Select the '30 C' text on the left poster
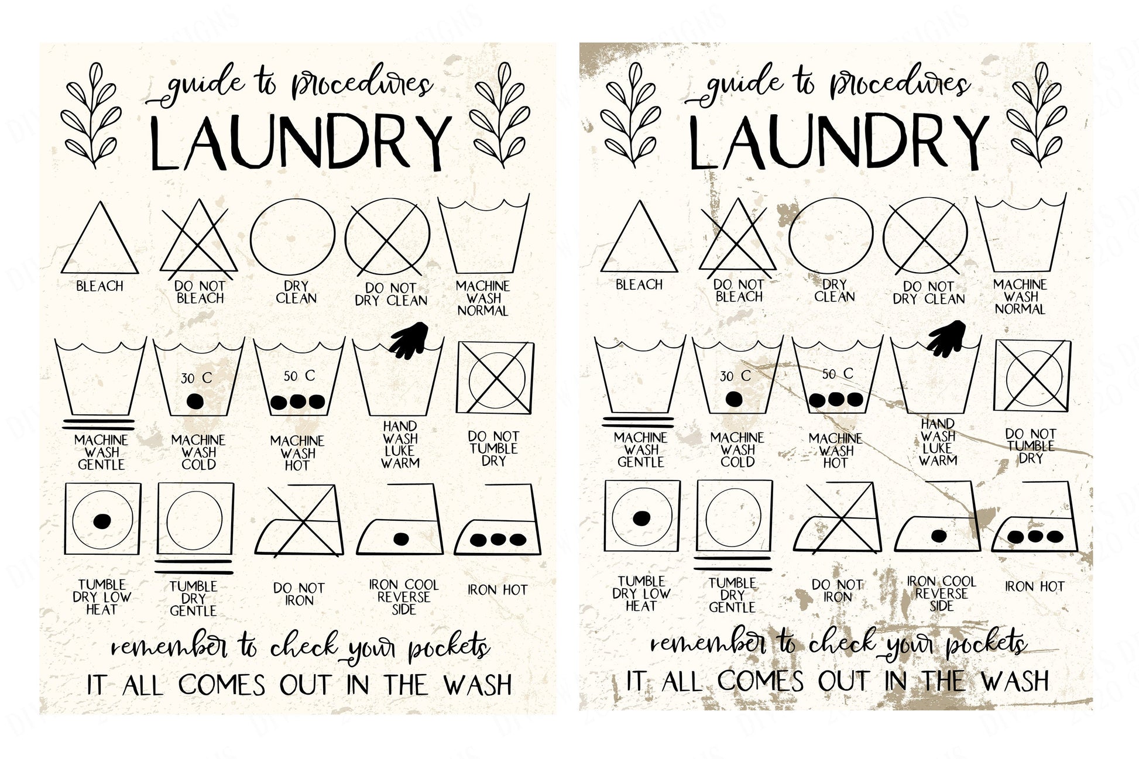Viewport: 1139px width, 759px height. coord(196,379)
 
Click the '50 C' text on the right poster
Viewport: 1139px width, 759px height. coord(838,374)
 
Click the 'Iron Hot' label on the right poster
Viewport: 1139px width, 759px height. coord(1034,586)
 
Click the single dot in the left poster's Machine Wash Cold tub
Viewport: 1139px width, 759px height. coord(194,401)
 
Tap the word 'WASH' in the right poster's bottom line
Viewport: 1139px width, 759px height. coord(1015,681)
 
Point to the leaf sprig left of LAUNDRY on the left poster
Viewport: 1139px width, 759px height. coord(91,115)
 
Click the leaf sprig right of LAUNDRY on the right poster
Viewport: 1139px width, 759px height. coord(1035,113)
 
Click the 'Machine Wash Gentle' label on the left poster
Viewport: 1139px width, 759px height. coord(101,452)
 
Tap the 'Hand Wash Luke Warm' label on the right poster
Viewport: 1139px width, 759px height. coord(938,442)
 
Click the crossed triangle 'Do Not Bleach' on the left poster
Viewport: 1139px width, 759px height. coord(199,240)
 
